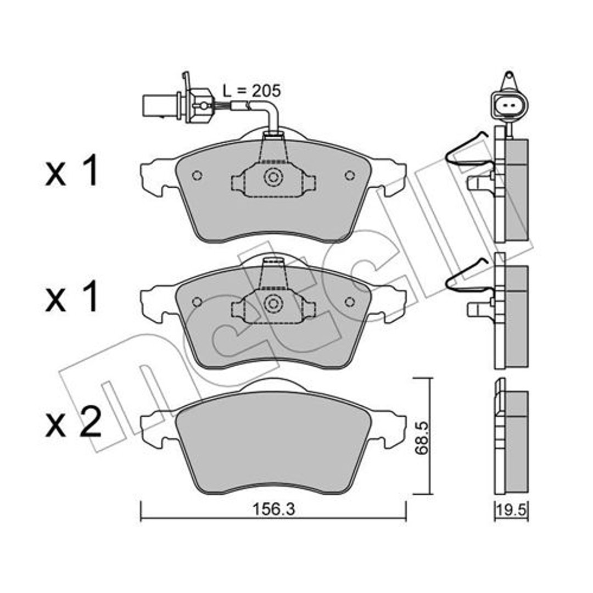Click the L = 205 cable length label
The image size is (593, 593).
pyautogui.click(x=251, y=91)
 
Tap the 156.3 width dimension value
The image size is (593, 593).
pyautogui.click(x=273, y=510)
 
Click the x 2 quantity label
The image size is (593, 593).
pyautogui.click(x=73, y=422)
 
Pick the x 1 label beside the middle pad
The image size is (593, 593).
pyautogui.click(x=71, y=297)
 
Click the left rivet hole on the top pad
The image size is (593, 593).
pyautogui.click(x=197, y=176)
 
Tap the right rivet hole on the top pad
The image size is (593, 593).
pyautogui.click(x=350, y=176)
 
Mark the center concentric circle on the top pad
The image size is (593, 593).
pyautogui.click(x=273, y=177)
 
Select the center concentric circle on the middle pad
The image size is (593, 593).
pyautogui.click(x=273, y=303)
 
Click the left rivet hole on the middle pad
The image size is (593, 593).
pyautogui.click(x=197, y=302)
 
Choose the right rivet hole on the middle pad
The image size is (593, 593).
pyautogui.click(x=350, y=302)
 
